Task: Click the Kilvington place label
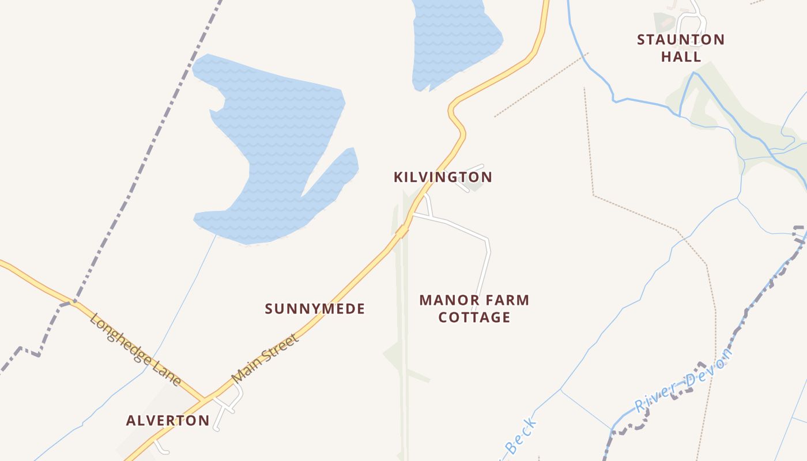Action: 443,177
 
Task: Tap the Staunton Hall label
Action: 681,48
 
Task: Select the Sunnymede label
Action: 315,309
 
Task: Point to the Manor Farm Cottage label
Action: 474,308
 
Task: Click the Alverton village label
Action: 168,420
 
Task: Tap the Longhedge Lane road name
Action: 135,350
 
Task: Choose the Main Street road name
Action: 266,358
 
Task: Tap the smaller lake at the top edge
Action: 455,40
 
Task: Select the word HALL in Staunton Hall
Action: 681,56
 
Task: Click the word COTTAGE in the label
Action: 474,317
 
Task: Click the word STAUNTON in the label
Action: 681,40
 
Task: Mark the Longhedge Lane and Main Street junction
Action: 205,399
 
